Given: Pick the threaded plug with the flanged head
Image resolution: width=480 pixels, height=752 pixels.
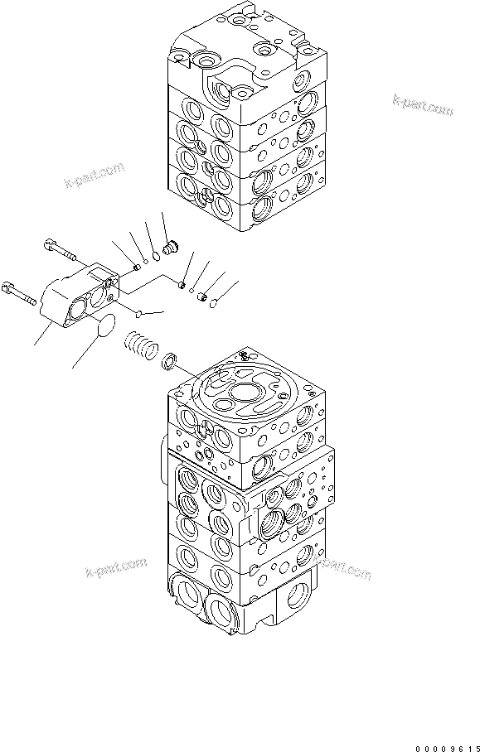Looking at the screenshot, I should coord(172,247).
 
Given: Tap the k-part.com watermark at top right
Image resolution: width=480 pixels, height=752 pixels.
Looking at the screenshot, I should coord(423,105).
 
